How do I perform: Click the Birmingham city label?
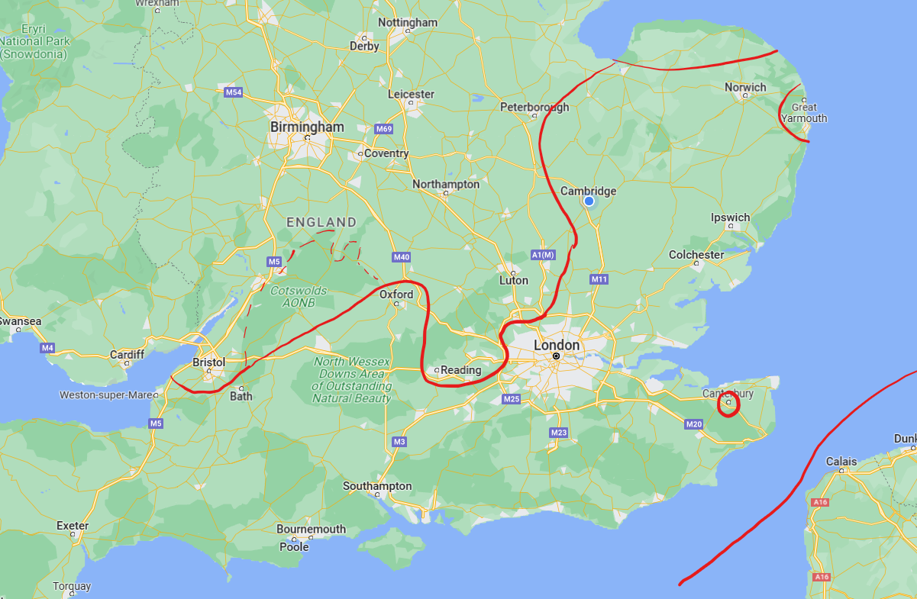[x=307, y=127]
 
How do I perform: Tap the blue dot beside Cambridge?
[x=589, y=201]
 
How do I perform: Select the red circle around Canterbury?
[x=729, y=404]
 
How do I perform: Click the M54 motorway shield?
[x=234, y=92]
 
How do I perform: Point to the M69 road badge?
[x=383, y=129]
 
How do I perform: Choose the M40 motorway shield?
[x=402, y=257]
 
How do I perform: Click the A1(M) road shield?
[x=544, y=254]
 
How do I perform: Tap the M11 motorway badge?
[x=599, y=279]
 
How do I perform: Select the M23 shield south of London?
[x=559, y=433]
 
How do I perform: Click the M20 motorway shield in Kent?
[x=693, y=423]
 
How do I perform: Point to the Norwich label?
[x=745, y=88]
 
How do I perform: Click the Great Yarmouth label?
[x=804, y=113]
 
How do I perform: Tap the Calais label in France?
[x=841, y=462]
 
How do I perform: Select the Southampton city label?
[x=377, y=486]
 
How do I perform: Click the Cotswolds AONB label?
[x=299, y=296]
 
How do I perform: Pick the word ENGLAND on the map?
[x=321, y=222]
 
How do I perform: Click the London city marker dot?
[x=557, y=356]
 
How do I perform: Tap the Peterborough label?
[x=534, y=107]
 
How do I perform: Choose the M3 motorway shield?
[x=399, y=442]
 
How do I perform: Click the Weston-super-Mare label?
[x=106, y=395]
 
